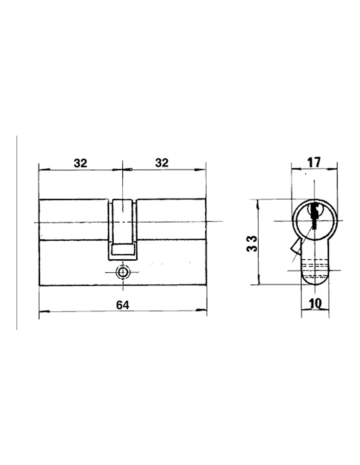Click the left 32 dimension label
[81, 163]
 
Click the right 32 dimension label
[162, 163]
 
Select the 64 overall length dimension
[123, 305]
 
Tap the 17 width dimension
[314, 163]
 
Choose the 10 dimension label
[315, 303]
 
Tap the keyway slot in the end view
[314, 216]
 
